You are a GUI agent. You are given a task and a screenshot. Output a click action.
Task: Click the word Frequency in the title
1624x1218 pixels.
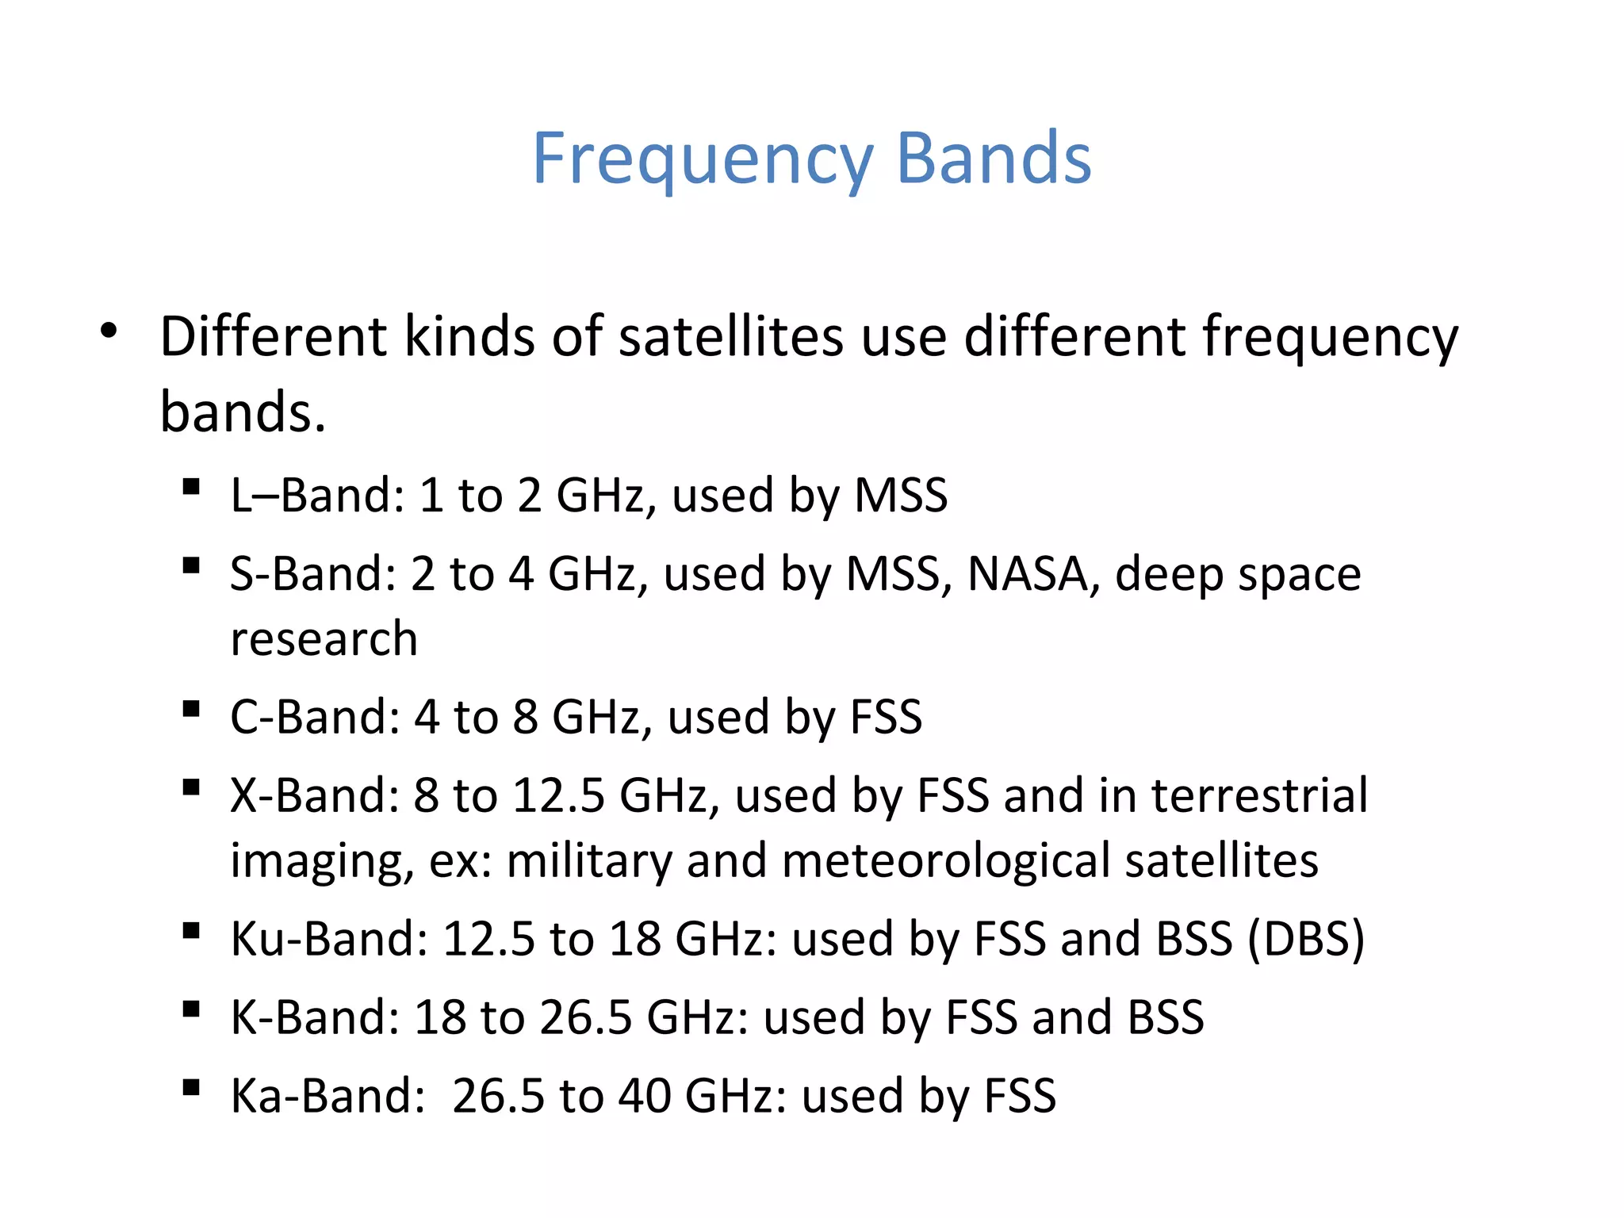pyautogui.click(x=703, y=160)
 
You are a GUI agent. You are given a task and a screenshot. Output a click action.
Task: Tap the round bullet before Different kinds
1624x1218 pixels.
pyautogui.click(x=109, y=331)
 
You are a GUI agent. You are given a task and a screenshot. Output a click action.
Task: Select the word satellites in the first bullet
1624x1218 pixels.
pyautogui.click(x=730, y=336)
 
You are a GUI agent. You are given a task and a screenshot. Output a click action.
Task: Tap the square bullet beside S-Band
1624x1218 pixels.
pyautogui.click(x=190, y=565)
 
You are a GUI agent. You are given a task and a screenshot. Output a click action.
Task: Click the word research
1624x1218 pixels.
pyautogui.click(x=324, y=639)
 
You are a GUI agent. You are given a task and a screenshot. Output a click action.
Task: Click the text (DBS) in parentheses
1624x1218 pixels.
pyautogui.click(x=1305, y=939)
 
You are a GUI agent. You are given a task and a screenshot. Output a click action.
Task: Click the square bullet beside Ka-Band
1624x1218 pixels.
pyautogui.click(x=190, y=1087)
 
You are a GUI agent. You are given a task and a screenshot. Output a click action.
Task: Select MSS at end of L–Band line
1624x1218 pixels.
pyautogui.click(x=900, y=496)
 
